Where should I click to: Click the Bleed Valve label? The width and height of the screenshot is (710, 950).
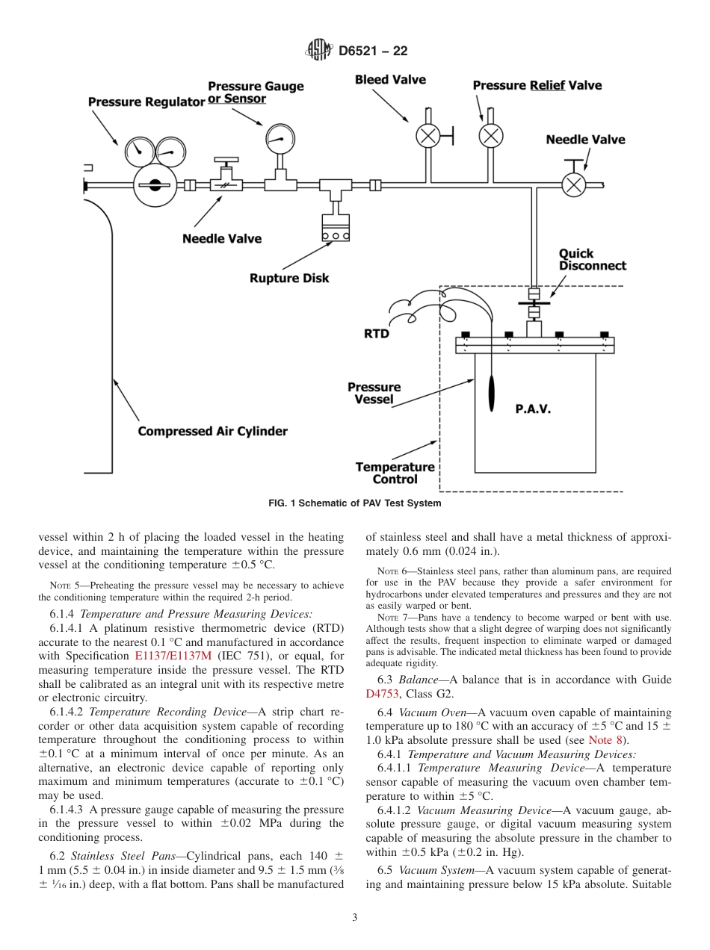pyautogui.click(x=390, y=80)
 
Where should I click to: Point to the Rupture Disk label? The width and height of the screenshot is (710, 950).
pyautogui.click(x=289, y=279)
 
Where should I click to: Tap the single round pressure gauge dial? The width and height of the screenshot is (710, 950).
pyautogui.click(x=278, y=136)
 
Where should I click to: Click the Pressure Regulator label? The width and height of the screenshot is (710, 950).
pyautogui.click(x=146, y=102)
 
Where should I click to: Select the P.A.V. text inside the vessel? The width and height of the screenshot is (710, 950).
pyautogui.click(x=533, y=409)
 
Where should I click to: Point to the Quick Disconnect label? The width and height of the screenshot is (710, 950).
pyautogui.click(x=592, y=260)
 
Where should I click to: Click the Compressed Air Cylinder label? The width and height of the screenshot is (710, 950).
pyautogui.click(x=212, y=432)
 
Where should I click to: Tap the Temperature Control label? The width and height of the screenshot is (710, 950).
pyautogui.click(x=395, y=473)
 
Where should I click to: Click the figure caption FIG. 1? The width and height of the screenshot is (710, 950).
pyautogui.click(x=354, y=503)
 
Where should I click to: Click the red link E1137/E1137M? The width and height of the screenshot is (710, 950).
pyautogui.click(x=173, y=656)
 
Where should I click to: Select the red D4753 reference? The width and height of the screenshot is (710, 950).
pyautogui.click(x=383, y=694)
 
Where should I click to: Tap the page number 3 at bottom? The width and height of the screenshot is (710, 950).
pyautogui.click(x=355, y=918)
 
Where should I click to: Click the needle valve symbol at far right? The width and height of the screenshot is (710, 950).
pyautogui.click(x=574, y=184)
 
